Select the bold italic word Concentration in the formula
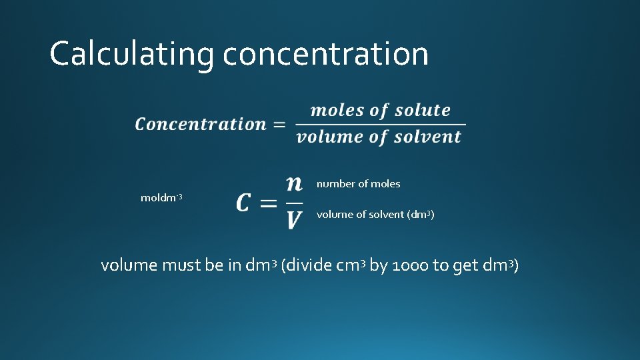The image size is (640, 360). point(201,124)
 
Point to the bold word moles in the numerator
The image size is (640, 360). point(337,110)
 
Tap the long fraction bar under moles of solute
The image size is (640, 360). point(379,123)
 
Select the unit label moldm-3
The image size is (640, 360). point(161,198)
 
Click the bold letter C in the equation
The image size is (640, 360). point(245,203)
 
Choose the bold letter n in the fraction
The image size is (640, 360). point(294,183)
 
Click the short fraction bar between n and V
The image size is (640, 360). point(294,202)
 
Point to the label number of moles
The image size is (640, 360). point(358,183)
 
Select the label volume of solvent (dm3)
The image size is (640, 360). point(375,215)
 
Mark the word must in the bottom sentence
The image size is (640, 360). point(181,265)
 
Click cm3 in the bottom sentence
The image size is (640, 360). point(351,265)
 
